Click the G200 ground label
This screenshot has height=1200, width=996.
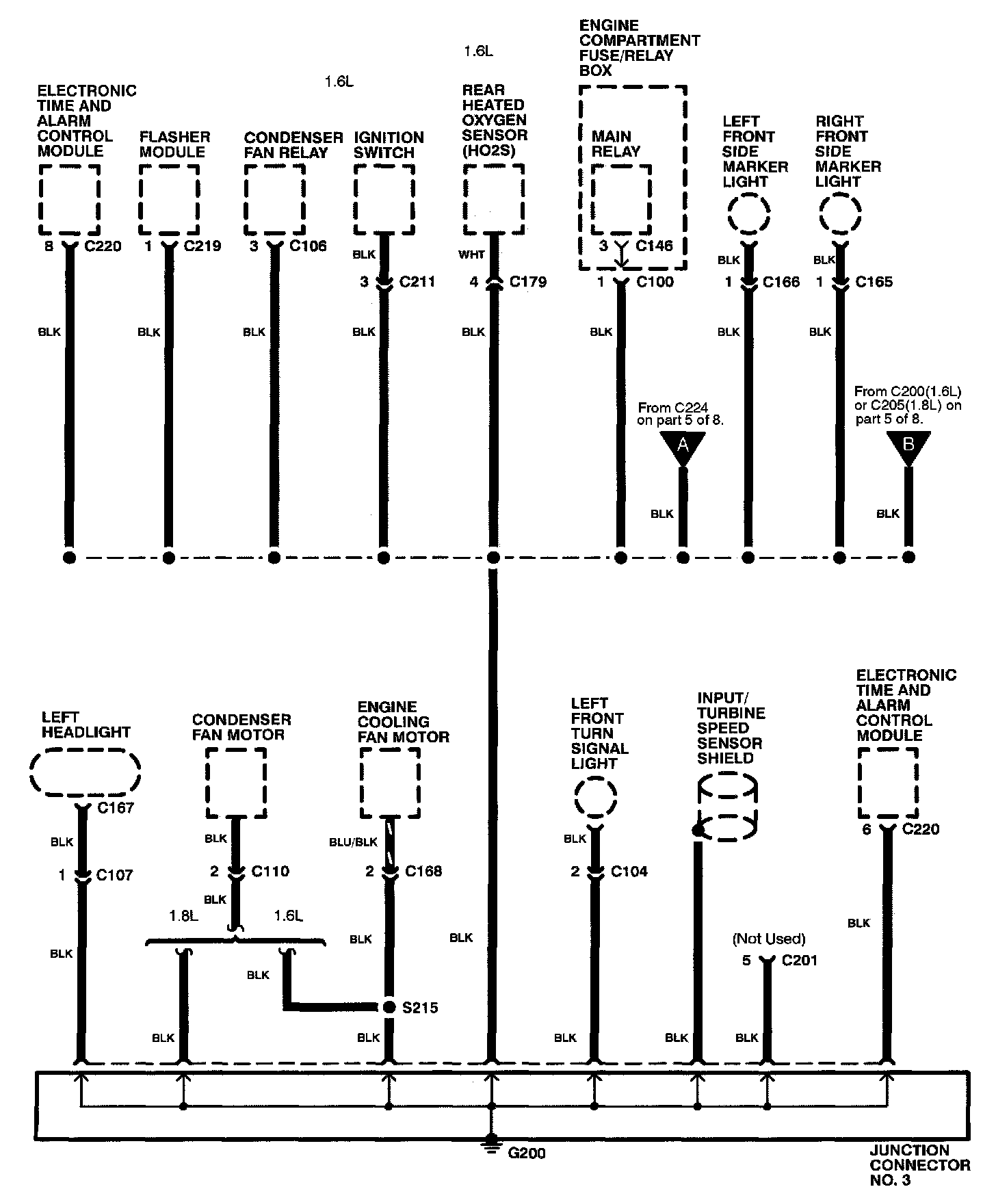tap(526, 1153)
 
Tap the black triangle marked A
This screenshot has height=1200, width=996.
tap(682, 447)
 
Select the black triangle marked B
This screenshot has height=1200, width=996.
tap(908, 445)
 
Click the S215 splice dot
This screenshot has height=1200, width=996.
tap(389, 1007)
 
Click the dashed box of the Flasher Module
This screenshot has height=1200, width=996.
tap(169, 200)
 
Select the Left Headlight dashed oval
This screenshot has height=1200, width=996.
tap(85, 772)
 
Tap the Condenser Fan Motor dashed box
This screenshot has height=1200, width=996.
tap(236, 783)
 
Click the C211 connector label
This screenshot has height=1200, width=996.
tap(417, 282)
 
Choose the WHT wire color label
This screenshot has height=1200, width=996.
tap(471, 255)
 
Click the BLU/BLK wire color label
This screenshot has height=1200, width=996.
tap(353, 842)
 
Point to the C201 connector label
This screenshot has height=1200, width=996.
tap(799, 961)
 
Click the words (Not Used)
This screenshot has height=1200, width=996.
tap(769, 939)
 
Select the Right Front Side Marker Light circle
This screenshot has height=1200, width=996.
tap(839, 214)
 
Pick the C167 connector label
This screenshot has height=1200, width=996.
tap(115, 808)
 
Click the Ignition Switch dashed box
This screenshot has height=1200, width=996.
tap(384, 200)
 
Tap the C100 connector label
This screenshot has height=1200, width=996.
tap(655, 282)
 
